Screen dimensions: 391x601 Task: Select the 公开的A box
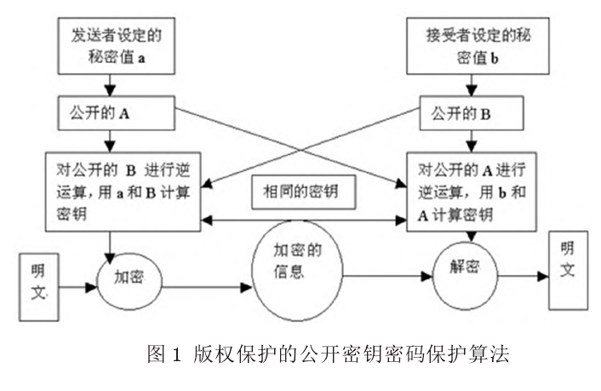click(110, 111)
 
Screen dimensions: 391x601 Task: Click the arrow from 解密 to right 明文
click(521, 276)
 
